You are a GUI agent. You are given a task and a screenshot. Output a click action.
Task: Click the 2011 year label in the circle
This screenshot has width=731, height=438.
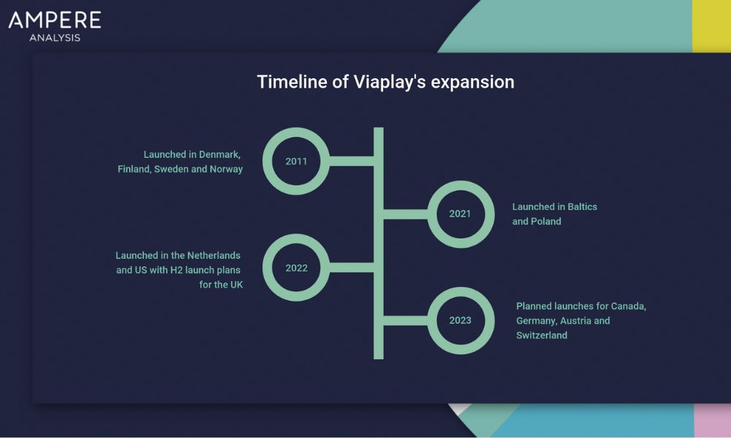point(296,161)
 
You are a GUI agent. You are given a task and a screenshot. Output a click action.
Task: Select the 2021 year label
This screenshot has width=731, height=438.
point(460,214)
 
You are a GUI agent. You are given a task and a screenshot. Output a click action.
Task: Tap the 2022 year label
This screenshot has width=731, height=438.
point(296,268)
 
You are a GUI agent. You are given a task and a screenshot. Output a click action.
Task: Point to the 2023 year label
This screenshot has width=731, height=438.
point(460,320)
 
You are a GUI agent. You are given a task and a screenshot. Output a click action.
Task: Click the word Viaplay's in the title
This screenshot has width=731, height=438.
point(390,82)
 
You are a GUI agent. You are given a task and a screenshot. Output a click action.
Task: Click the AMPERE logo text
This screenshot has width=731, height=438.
point(55,20)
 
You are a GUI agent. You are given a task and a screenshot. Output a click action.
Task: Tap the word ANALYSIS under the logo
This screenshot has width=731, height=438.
point(55,38)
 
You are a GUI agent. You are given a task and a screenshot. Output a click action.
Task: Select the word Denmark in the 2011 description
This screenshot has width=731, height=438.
point(219,155)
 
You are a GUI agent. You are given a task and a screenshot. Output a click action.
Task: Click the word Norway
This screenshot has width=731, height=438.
point(226,169)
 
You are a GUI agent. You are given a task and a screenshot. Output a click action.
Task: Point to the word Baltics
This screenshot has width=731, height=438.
point(583,207)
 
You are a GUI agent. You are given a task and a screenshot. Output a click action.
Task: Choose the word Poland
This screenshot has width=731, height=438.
point(546,222)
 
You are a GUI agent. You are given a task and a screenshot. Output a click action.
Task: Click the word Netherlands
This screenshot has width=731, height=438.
point(214,255)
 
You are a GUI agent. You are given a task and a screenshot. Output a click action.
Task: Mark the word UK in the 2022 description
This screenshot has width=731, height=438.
point(236,285)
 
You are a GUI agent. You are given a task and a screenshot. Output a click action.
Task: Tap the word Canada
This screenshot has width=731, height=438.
point(629,307)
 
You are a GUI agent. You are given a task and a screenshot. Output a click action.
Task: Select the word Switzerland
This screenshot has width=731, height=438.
point(542,335)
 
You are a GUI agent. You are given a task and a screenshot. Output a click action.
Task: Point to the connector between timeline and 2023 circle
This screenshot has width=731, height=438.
point(406,320)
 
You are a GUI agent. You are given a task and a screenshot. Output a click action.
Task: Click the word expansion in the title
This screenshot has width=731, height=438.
point(472,82)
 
